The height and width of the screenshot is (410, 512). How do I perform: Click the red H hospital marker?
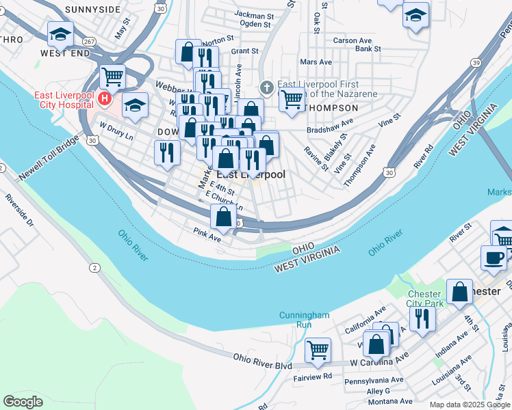(105, 100)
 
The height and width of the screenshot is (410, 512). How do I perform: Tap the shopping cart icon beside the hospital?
(112, 76)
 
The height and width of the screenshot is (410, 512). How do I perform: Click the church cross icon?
(267, 88)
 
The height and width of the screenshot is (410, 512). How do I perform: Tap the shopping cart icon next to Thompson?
(292, 99)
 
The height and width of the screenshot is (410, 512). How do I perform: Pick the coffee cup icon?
(494, 257)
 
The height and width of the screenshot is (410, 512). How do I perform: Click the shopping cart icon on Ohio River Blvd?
(318, 350)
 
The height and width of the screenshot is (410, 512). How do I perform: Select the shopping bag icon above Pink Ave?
(223, 217)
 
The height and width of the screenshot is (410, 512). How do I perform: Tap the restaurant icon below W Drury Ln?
(166, 153)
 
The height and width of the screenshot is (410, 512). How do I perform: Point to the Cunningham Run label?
(305, 320)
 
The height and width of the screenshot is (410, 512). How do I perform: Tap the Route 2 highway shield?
(93, 269)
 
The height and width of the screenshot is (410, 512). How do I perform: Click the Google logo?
(23, 401)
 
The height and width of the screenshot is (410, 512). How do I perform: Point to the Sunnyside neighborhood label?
(93, 10)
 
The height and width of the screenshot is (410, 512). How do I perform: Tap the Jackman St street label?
(253, 14)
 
